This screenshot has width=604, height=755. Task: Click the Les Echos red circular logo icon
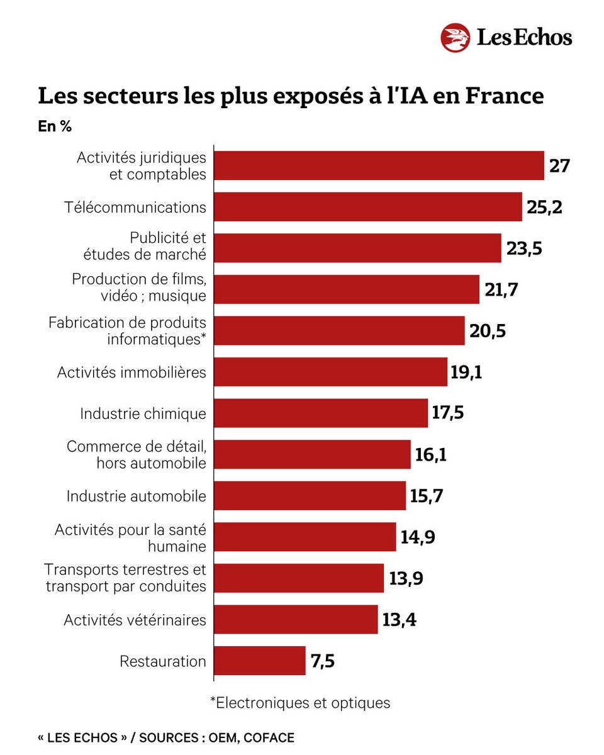[456, 37]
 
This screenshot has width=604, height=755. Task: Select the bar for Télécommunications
[368, 207]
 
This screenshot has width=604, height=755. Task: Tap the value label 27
[559, 166]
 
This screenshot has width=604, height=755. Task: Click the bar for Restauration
[260, 661]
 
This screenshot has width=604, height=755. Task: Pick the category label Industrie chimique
[143, 413]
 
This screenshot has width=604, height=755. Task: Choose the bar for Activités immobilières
[331, 372]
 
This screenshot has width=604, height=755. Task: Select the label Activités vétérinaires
[135, 620]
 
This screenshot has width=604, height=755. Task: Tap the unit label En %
[55, 126]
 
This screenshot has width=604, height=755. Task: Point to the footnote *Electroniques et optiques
[299, 702]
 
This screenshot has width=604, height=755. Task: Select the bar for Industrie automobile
[310, 496]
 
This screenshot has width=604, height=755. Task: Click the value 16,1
[431, 454]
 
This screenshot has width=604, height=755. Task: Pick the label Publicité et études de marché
[145, 247]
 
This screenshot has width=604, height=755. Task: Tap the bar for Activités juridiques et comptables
[379, 166]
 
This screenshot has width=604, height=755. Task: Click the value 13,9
[406, 578]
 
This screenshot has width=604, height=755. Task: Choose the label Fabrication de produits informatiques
[127, 330]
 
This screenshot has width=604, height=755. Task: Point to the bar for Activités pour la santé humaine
[305, 537]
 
